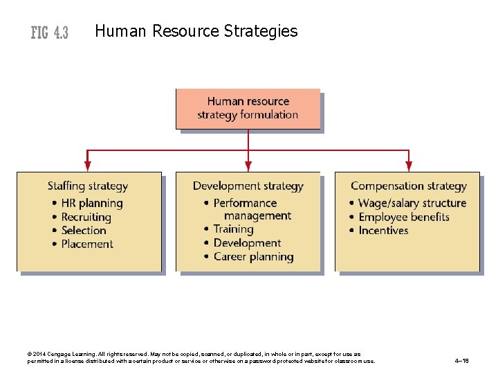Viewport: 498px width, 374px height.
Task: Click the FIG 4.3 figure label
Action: [49, 33]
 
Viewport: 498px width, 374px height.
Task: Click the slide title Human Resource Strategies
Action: [196, 31]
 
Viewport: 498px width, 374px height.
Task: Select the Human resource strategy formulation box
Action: [248, 108]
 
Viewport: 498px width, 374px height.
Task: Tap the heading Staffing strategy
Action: [88, 186]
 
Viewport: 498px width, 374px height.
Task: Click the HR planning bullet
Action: [91, 203]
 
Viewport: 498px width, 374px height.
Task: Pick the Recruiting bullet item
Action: [86, 217]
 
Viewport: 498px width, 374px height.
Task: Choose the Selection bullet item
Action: [84, 230]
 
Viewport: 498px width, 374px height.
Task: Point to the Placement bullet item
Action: [87, 244]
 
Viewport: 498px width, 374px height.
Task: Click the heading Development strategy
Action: [248, 186]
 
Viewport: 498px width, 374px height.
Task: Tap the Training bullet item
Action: [233, 229]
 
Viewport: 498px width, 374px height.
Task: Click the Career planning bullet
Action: [253, 256]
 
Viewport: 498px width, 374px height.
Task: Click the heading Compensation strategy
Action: [408, 186]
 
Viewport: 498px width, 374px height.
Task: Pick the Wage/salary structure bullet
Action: [412, 203]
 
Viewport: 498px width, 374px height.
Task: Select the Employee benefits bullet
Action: [404, 217]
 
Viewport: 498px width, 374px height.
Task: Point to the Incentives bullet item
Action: [383, 230]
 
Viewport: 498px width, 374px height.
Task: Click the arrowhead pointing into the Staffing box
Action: [88, 166]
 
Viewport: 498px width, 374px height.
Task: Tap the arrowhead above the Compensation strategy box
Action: [409, 166]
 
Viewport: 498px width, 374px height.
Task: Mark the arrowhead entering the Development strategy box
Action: [248, 166]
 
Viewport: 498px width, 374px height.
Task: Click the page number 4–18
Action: [462, 361]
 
